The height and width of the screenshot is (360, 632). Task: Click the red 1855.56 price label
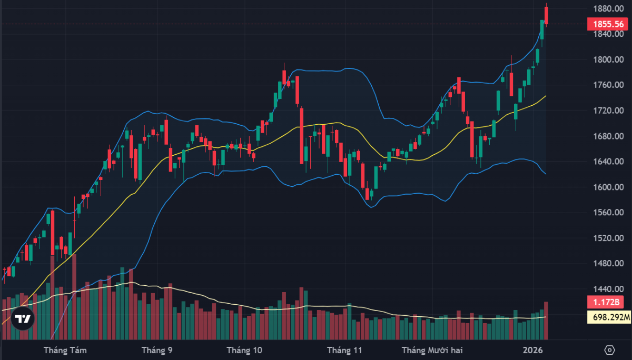(x=608, y=24)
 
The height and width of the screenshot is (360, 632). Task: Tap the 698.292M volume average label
(x=608, y=317)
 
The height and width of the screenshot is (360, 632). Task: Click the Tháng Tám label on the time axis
(x=65, y=350)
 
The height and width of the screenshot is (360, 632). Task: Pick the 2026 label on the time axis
(x=533, y=350)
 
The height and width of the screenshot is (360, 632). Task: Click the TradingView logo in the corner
(x=23, y=318)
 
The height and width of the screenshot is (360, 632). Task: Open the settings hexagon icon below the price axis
(x=610, y=350)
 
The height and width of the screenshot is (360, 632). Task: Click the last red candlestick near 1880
(x=547, y=15)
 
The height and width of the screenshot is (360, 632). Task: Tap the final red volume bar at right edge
(x=547, y=320)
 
